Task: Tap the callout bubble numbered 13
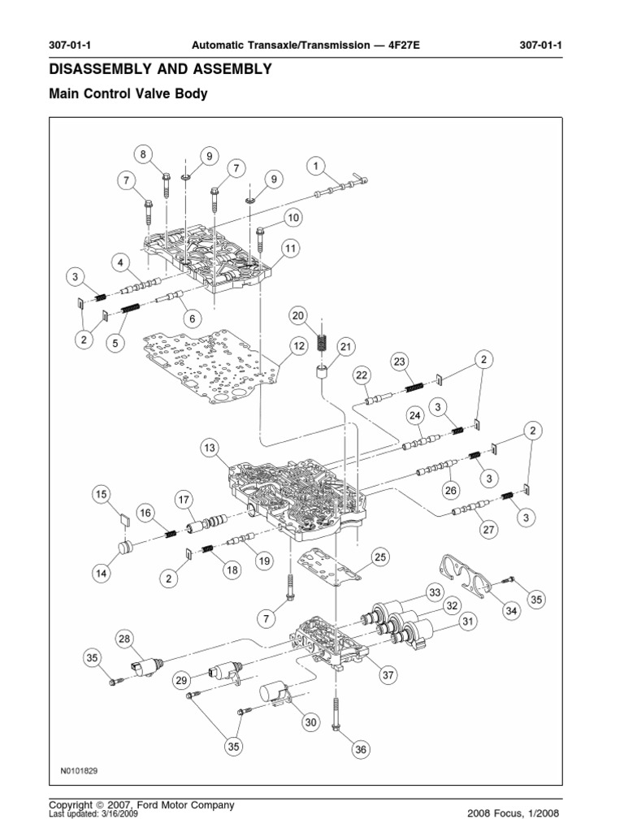[210, 448]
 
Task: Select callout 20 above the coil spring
[298, 315]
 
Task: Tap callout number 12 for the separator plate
[298, 346]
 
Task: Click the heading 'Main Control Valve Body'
[128, 94]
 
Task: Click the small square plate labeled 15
[123, 522]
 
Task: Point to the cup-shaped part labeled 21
[324, 377]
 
